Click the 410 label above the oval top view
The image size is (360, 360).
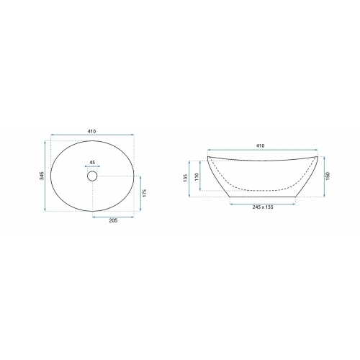pyautogui.click(x=91, y=131)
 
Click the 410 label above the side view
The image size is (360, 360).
pyautogui.click(x=261, y=145)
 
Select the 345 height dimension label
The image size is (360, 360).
pyautogui.click(x=42, y=176)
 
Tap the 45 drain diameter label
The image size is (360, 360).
pyautogui.click(x=92, y=163)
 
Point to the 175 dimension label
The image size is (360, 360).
pyautogui.click(x=145, y=193)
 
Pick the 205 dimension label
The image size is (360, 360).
pyautogui.click(x=113, y=220)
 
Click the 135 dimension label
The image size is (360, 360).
pyautogui.click(x=185, y=178)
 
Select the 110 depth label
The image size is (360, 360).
pyautogui.click(x=197, y=177)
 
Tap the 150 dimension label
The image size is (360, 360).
pyautogui.click(x=328, y=176)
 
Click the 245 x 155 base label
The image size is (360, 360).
pyautogui.click(x=263, y=207)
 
